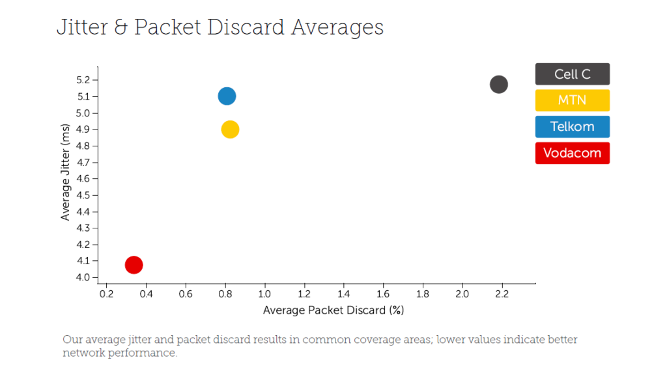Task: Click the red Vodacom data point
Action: [x=134, y=265]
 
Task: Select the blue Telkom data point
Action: [x=227, y=96]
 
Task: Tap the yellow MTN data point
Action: [x=230, y=130]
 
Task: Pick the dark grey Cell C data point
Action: [x=498, y=84]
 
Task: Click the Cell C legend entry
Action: [x=573, y=74]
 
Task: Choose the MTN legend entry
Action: [x=573, y=100]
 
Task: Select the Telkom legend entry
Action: [x=573, y=127]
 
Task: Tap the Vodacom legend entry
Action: [x=573, y=153]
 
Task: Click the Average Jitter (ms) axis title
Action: [x=65, y=172]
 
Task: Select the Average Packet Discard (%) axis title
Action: [x=333, y=310]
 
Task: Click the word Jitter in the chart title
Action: [x=81, y=28]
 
